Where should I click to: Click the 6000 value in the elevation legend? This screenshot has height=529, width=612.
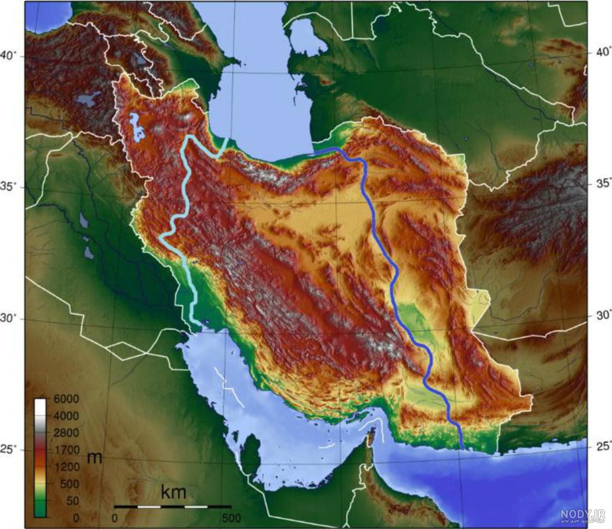pos(66,399)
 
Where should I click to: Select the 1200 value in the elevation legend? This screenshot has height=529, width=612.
pos(66,467)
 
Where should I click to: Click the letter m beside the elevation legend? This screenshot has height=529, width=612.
pos(94,458)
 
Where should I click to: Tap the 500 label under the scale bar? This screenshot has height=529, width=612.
pos(231,518)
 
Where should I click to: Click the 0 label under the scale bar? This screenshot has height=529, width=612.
pos(115,518)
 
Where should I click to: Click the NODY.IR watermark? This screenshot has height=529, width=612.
pos(582,515)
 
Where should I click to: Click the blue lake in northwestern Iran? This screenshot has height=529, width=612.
pos(137,127)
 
